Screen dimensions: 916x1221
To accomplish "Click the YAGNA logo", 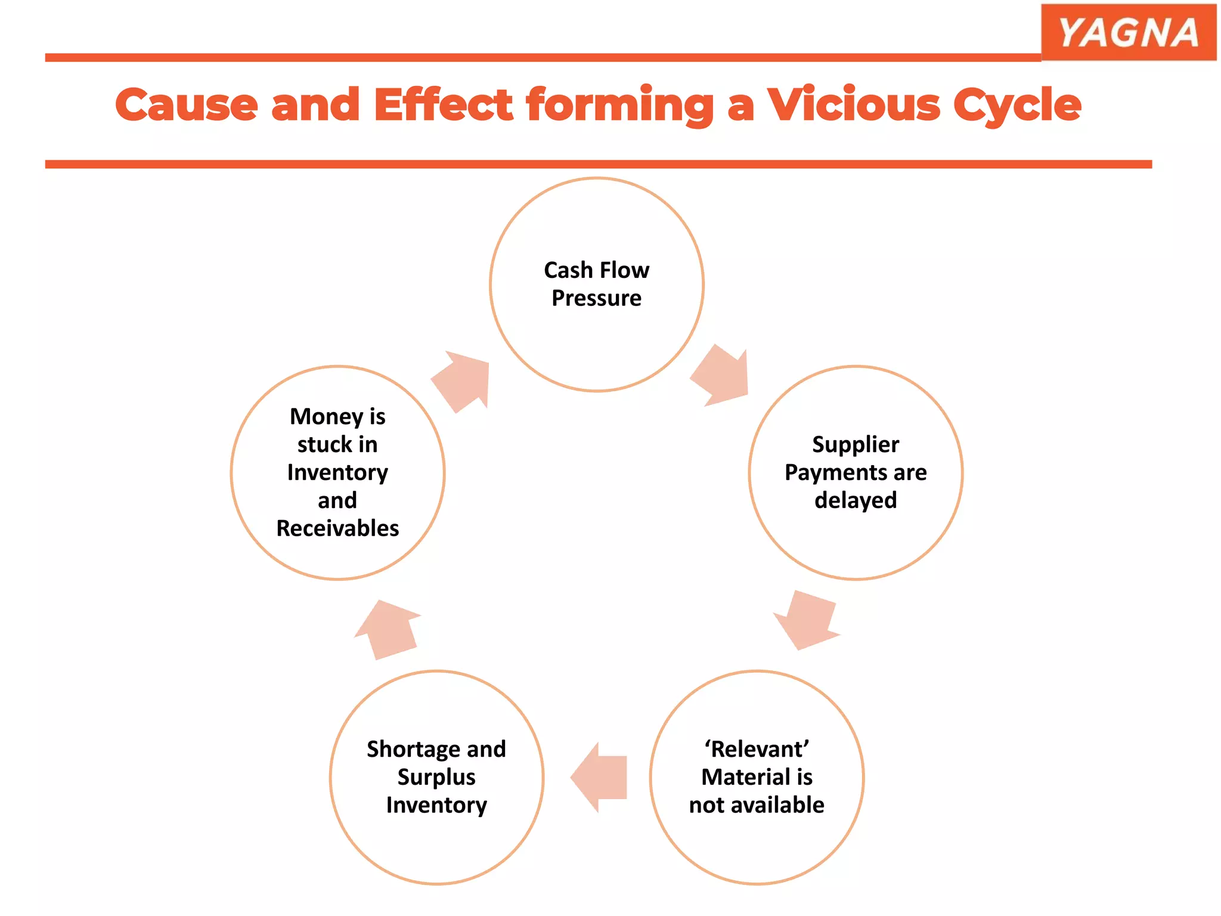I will pos(1128,32).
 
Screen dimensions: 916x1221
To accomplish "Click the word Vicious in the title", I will pos(853,105).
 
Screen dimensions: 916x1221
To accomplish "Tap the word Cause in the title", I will pos(187,105).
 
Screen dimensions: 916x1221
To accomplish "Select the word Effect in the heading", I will pos(443,105).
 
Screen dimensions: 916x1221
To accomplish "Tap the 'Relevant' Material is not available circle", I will pos(757,847).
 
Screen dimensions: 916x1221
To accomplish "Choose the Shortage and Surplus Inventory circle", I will pos(436,847).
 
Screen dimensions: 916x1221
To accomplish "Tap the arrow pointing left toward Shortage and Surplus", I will pos(599,777).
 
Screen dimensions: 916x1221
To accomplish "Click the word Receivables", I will pos(337,528).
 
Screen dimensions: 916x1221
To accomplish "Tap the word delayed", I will pos(856,500).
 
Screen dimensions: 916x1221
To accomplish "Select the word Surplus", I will pos(436,777).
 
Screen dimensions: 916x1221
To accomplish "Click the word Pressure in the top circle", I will pos(596,298).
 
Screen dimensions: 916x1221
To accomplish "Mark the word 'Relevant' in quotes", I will pos(757,749).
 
